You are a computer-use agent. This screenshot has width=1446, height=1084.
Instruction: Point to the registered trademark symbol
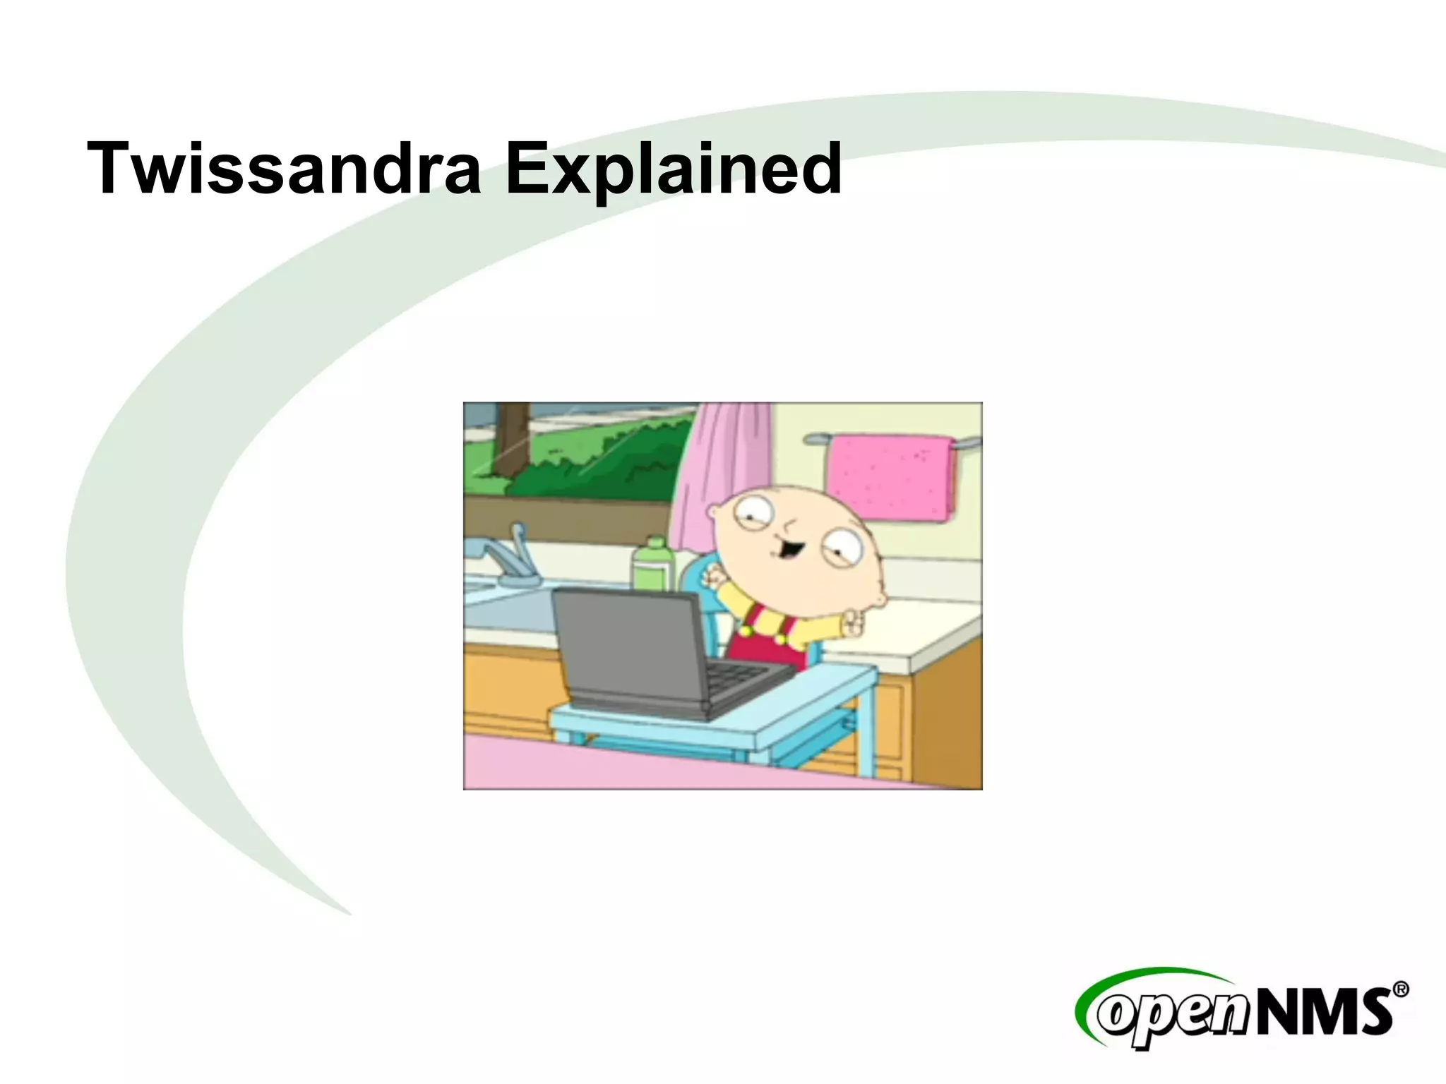click(1401, 989)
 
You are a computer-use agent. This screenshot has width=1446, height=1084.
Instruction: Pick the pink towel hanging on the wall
click(891, 476)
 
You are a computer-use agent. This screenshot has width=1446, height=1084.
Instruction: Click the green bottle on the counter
click(653, 565)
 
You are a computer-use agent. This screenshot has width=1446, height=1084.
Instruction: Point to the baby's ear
click(878, 598)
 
